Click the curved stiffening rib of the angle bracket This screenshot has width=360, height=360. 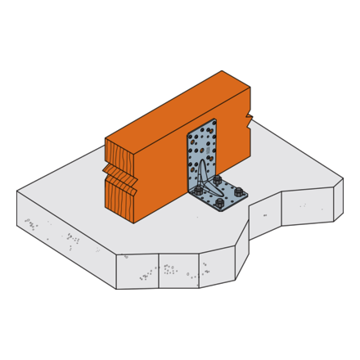pyautogui.click(x=204, y=178)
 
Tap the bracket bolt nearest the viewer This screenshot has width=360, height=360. pyautogui.click(x=219, y=202)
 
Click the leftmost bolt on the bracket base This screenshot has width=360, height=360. pyautogui.click(x=199, y=190)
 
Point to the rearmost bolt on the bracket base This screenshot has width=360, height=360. pyautogui.click(x=217, y=180)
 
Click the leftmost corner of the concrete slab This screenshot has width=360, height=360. pyautogui.click(x=17, y=191)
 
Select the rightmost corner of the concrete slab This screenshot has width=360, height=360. pyautogui.click(x=343, y=178)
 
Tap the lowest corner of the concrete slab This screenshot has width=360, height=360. pyautogui.click(x=116, y=289)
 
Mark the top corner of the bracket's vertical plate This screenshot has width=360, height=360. pyautogui.click(x=215, y=119)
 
